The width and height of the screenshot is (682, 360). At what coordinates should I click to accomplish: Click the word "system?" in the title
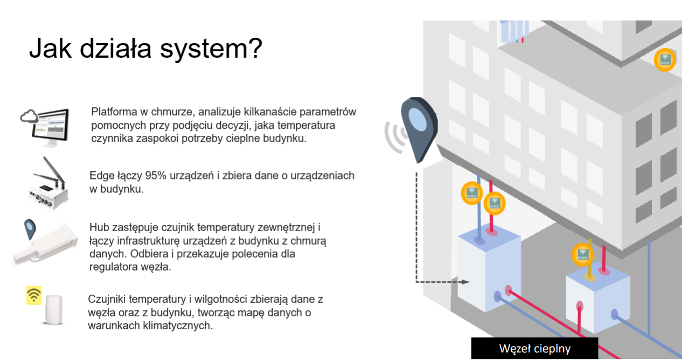point(211,49)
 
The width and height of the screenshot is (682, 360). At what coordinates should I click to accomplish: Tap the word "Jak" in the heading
point(51,47)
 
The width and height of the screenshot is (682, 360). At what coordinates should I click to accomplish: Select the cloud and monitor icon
point(45,128)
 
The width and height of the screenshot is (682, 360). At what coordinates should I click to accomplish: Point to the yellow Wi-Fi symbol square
point(34,295)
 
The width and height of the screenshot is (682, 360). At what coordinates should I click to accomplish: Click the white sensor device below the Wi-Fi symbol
point(53,309)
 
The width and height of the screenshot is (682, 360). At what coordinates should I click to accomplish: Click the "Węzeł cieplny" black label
point(534,348)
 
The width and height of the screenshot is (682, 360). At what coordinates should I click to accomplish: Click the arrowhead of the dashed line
point(465,282)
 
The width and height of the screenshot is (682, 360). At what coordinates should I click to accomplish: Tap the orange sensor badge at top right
point(665,60)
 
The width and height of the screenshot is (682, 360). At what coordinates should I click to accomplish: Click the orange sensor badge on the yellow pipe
point(583,254)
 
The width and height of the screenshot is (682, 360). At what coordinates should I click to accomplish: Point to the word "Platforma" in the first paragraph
point(114,112)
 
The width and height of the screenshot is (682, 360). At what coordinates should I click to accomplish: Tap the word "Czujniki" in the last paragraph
point(107,299)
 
